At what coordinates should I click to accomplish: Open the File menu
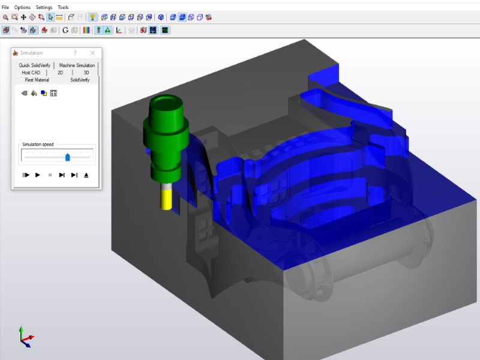pos(5,7)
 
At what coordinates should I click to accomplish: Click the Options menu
pos(22,7)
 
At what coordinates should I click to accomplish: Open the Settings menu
pos(44,7)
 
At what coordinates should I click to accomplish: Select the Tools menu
pos(63,7)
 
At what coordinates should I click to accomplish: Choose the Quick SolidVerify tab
pos(34,65)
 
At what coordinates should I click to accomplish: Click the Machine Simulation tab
pos(77,65)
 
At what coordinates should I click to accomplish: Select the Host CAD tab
pos(31,73)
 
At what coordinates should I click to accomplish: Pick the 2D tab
pos(61,73)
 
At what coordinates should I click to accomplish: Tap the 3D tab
pos(86,73)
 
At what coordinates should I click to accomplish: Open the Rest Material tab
pos(37,80)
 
